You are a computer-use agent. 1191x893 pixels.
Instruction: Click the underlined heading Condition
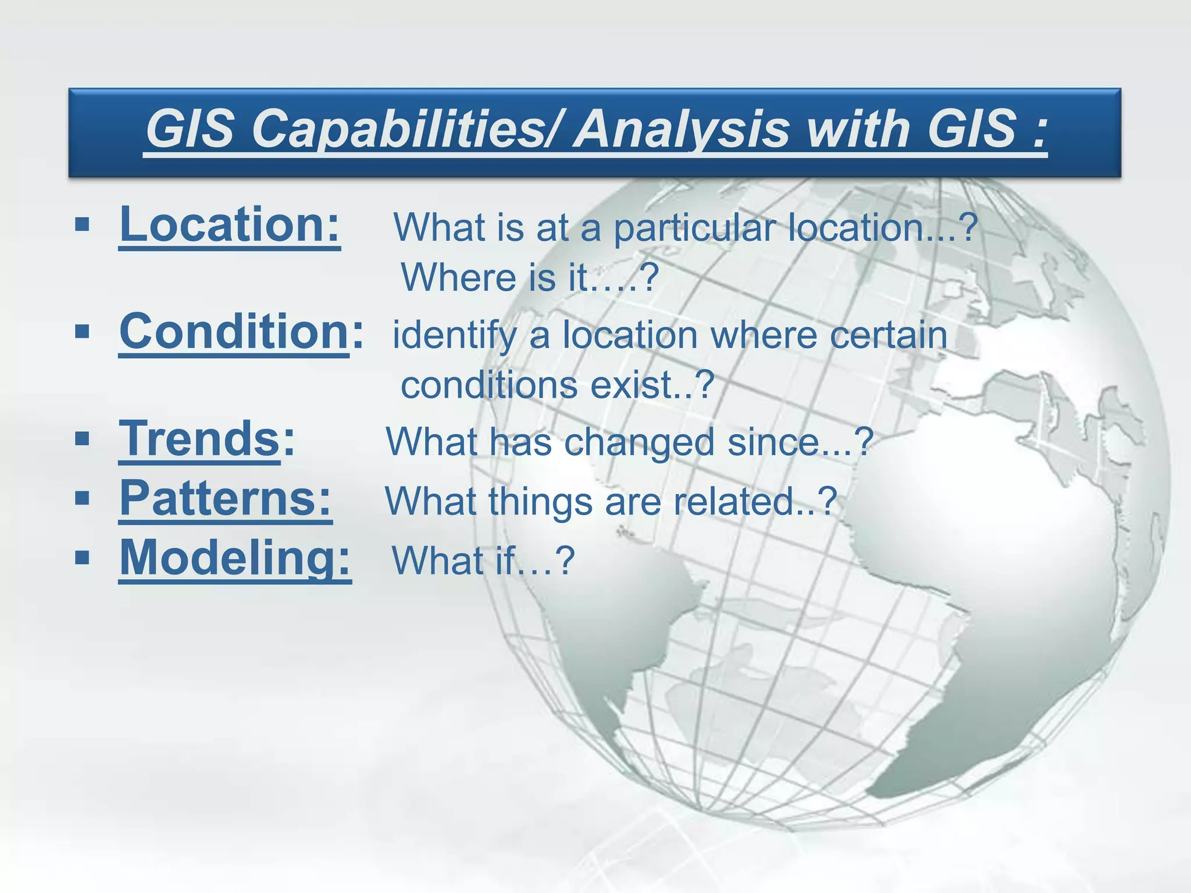(x=234, y=331)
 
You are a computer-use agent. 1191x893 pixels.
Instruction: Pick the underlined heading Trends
(x=199, y=439)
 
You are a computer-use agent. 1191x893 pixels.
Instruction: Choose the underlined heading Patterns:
(x=226, y=499)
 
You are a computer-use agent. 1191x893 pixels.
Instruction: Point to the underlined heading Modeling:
(x=235, y=558)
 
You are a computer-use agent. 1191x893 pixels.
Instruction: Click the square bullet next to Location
(x=82, y=224)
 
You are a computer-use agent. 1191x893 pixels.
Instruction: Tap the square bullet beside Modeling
(x=82, y=558)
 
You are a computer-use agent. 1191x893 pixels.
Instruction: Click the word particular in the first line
(x=695, y=228)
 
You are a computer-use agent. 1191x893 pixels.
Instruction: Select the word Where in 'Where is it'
(x=459, y=277)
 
